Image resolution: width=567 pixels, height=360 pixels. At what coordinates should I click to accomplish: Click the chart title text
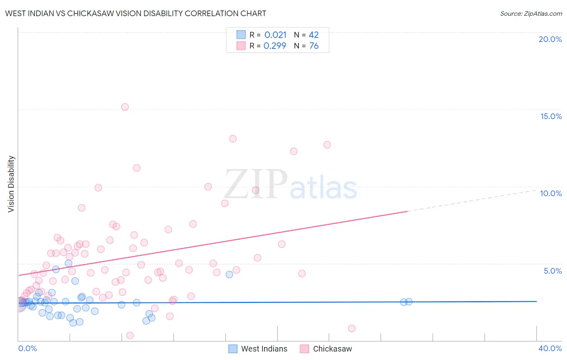[x=135, y=13]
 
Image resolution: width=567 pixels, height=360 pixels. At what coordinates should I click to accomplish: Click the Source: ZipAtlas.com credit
[x=531, y=13]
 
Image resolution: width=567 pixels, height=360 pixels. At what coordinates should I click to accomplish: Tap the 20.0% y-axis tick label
[x=550, y=39]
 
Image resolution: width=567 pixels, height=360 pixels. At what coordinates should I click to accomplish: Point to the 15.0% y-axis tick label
[x=551, y=116]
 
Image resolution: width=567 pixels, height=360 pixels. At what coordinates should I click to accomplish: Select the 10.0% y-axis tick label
[x=551, y=193]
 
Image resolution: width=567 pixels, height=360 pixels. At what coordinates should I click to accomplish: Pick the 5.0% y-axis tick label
[x=552, y=271]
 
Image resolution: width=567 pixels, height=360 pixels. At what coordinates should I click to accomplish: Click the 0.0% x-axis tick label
[x=27, y=348]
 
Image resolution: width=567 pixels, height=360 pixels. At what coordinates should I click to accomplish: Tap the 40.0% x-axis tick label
[x=550, y=348]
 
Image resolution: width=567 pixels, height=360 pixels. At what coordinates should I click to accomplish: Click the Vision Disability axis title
[x=11, y=184]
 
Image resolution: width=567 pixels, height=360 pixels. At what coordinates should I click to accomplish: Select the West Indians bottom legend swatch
[x=233, y=349]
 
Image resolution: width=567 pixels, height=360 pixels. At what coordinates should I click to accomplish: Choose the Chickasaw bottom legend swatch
[x=304, y=349]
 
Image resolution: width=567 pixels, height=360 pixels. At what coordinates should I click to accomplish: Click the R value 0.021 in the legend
[x=275, y=35]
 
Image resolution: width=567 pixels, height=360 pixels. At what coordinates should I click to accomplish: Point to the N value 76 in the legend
[x=314, y=46]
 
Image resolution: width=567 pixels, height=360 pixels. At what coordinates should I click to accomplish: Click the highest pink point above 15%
[x=125, y=107]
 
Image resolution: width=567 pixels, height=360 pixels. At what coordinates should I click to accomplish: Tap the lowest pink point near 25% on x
[x=352, y=329]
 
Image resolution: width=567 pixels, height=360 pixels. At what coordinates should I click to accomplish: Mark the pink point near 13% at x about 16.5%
[x=233, y=139]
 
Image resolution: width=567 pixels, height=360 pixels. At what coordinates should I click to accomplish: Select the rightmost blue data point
[x=409, y=301]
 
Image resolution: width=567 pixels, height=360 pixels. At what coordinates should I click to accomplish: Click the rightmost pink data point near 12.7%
[x=327, y=145]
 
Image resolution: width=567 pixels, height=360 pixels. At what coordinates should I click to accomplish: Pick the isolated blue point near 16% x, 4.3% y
[x=229, y=274]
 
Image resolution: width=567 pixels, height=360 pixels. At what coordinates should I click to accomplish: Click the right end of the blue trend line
[x=536, y=301]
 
